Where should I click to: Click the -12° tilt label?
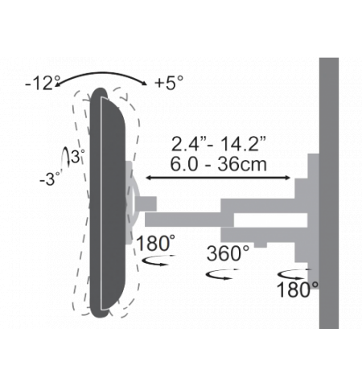(43, 83)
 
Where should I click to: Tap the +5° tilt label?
(169, 82)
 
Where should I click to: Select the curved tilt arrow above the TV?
(101, 74)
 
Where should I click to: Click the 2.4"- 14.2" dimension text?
(219, 144)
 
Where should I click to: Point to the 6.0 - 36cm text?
(219, 164)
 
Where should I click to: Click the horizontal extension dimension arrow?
(218, 178)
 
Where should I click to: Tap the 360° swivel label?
(228, 253)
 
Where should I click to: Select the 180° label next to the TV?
(155, 243)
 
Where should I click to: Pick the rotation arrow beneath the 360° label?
(222, 274)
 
